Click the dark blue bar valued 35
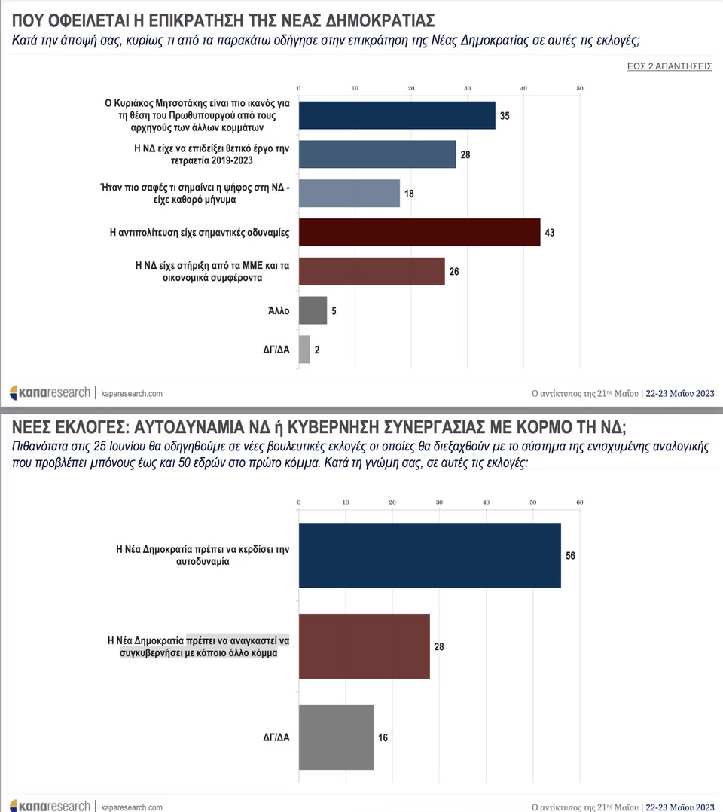397,115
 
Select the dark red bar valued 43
419,232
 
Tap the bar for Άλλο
313,310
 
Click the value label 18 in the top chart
409,194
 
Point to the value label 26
454,271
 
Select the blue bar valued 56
429,555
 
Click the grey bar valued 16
336,737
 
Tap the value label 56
570,556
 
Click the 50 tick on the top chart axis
579,89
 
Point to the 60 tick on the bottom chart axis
579,503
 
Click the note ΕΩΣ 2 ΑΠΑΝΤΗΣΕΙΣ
670,66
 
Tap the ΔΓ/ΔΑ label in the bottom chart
275,737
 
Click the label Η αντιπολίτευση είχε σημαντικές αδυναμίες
200,233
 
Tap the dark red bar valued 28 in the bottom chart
364,646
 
